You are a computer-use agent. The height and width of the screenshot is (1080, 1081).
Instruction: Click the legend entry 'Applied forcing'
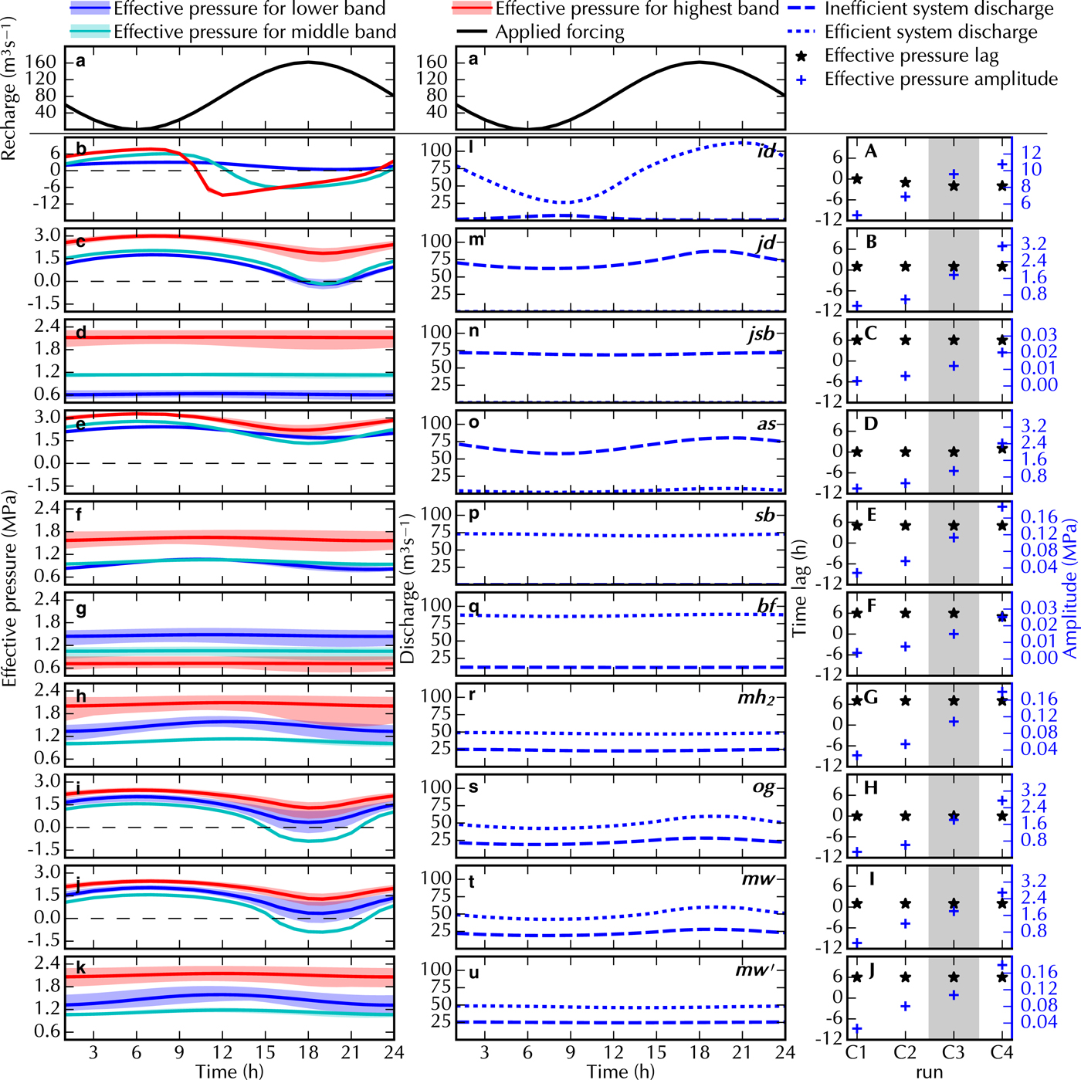pos(560,32)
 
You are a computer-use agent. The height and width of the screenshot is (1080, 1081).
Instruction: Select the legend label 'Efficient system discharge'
pos(931,32)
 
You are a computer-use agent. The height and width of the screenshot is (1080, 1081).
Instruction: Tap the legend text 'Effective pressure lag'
pos(911,56)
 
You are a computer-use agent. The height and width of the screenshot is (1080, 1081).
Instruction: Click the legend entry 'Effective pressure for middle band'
pos(255,32)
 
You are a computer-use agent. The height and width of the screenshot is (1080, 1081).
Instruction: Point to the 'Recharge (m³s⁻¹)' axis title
pos(9,88)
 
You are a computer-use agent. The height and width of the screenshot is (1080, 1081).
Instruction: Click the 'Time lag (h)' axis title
pos(800,587)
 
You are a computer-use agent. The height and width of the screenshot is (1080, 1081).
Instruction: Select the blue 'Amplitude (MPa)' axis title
pos(1070,587)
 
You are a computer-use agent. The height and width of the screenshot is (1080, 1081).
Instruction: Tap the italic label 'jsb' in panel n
pos(761,333)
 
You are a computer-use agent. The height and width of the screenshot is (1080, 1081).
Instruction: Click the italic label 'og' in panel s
pos(763,787)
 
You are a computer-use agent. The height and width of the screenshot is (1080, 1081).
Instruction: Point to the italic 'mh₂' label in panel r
pos(755,698)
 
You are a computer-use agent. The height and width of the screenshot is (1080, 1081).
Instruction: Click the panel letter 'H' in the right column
pos(871,788)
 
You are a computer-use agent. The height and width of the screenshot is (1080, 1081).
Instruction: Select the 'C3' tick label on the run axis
pos(954,1052)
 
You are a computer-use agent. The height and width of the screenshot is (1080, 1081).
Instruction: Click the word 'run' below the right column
pos(930,1072)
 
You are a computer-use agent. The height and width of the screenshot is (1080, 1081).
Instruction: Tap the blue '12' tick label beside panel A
pos(1031,153)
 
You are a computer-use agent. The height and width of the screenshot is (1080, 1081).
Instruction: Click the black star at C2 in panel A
pos(906,183)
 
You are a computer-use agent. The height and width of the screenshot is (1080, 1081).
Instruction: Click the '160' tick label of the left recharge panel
pos(41,62)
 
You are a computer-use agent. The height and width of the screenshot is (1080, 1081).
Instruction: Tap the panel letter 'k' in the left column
pos(80,968)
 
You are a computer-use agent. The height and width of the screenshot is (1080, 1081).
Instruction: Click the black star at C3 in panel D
pos(954,452)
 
